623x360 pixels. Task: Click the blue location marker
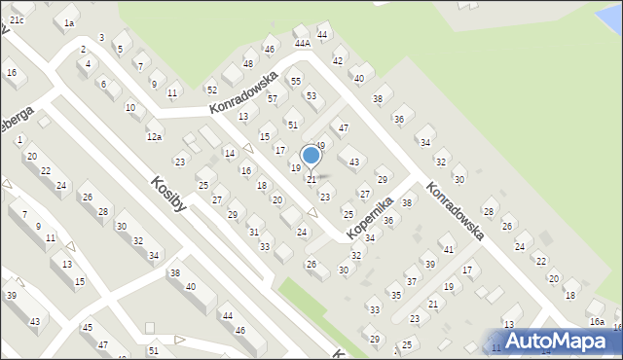tap(311, 156)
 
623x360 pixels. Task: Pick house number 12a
tap(154, 137)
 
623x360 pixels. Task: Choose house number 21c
tap(17, 19)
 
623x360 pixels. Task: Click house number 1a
tap(68, 22)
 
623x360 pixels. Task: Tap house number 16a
tap(596, 321)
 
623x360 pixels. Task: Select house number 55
tap(295, 81)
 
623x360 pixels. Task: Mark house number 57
tap(274, 98)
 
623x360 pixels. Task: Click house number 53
tap(311, 95)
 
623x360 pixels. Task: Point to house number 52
tap(211, 90)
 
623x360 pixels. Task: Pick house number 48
tap(248, 64)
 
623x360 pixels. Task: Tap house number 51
tap(293, 125)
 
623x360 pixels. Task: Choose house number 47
tap(343, 127)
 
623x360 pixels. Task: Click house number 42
tap(338, 60)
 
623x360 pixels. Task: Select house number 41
tap(448, 249)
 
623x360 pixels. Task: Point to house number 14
tap(229, 153)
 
